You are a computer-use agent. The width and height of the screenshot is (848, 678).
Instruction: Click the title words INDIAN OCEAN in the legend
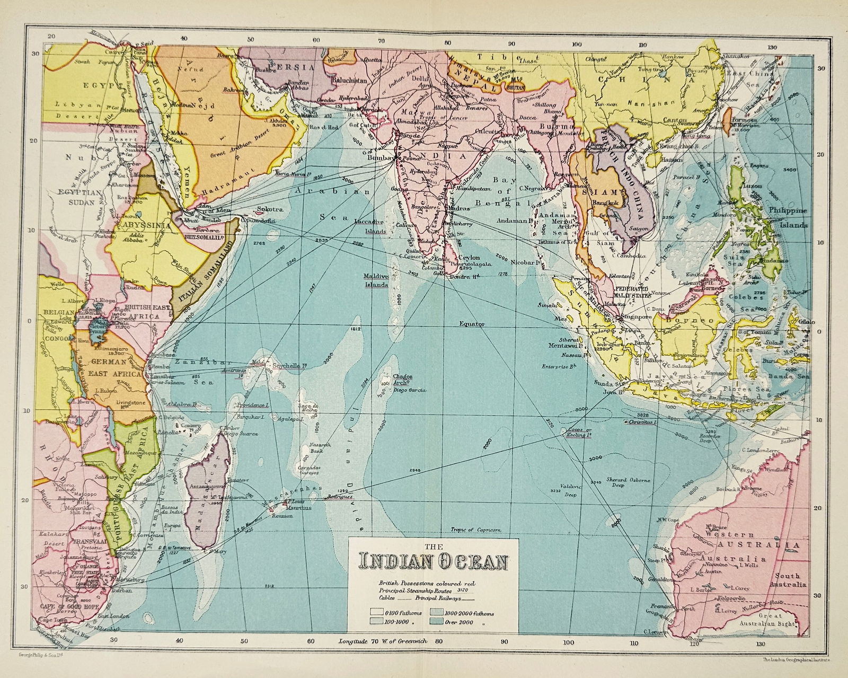point(432,562)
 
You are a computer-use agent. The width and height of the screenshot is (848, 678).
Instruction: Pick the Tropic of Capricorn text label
point(476,530)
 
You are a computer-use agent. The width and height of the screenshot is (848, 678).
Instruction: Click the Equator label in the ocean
point(473,323)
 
